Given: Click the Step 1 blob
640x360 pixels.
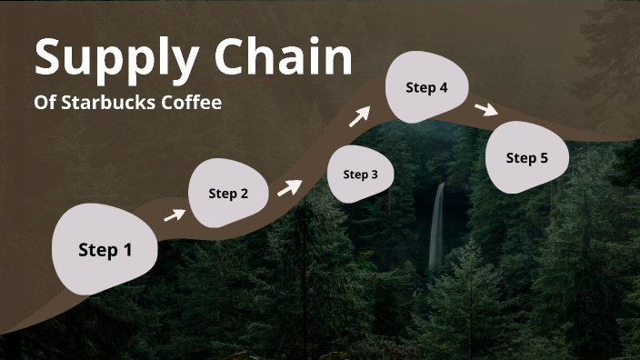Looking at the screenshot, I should [x=105, y=250].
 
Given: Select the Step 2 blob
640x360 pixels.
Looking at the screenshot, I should [x=228, y=193].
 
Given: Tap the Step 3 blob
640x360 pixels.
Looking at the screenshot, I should [x=360, y=174].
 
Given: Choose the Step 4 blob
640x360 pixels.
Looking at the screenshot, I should [x=426, y=88].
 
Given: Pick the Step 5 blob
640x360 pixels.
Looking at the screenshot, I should [x=526, y=158].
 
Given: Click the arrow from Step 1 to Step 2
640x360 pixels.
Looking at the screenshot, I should [x=174, y=215].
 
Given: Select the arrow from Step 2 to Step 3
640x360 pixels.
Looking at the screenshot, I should [x=289, y=186].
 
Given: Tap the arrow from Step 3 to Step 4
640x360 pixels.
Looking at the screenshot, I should [x=361, y=115].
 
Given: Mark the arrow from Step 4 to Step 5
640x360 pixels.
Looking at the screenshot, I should [x=486, y=109].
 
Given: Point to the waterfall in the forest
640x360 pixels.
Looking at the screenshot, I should [x=437, y=227].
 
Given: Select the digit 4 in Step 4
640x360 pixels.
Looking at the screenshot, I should [x=443, y=88].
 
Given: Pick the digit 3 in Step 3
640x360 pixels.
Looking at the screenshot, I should [x=374, y=175].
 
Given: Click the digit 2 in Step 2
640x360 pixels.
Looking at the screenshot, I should [x=244, y=193].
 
